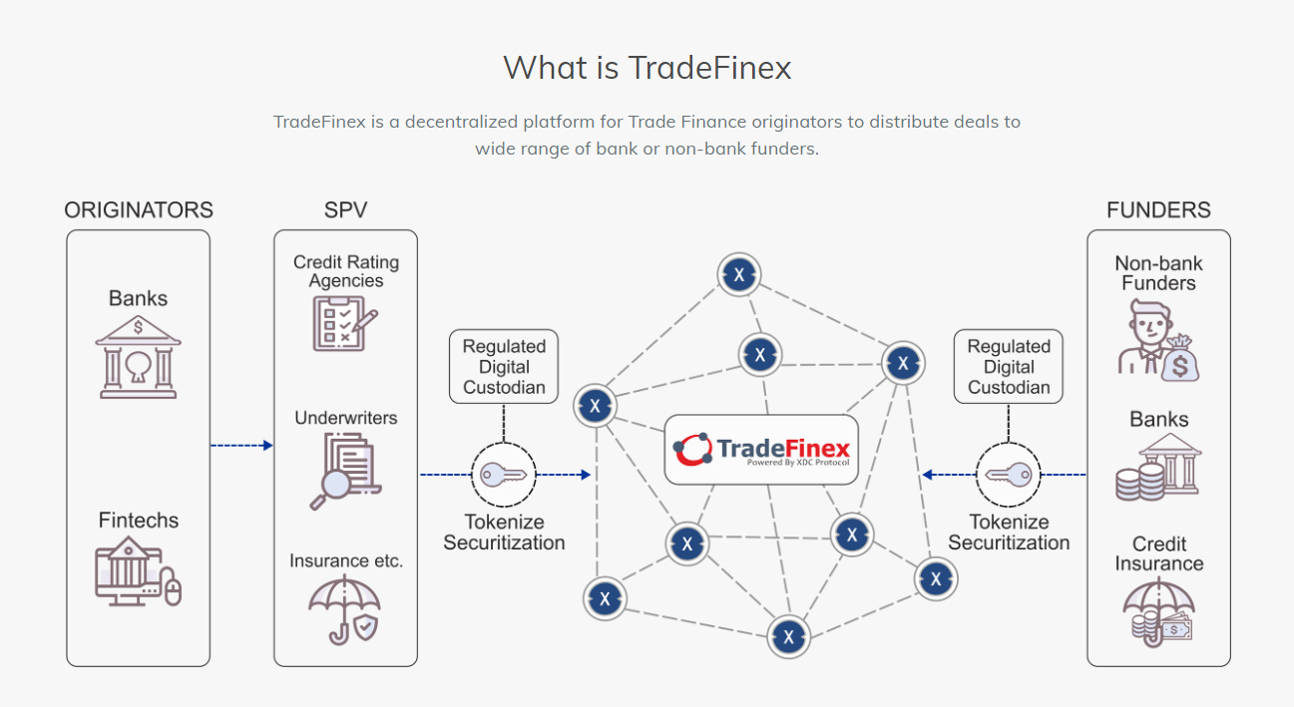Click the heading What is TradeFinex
[647, 68]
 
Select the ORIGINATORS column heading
[139, 210]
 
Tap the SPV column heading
[345, 210]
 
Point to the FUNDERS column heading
[1158, 210]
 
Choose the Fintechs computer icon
[138, 572]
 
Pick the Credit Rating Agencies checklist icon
[345, 324]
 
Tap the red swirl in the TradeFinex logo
[692, 450]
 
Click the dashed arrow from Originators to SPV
[241, 446]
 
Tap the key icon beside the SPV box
[504, 475]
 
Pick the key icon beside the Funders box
[1008, 475]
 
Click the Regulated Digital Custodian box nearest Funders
[1009, 367]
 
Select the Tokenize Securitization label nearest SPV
[504, 532]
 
